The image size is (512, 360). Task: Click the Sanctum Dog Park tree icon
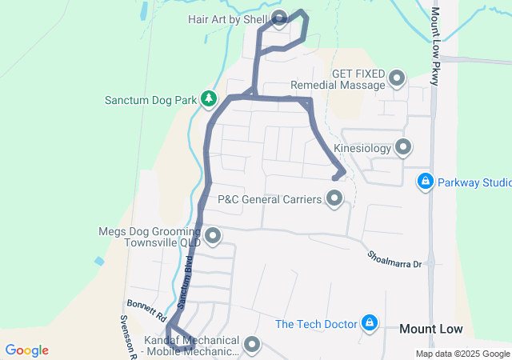tap(209, 98)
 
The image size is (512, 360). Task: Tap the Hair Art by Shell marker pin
tap(280, 18)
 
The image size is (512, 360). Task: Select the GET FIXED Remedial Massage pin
tap(397, 78)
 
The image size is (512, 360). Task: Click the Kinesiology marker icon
tap(403, 147)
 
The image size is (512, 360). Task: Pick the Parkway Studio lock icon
tap(426, 182)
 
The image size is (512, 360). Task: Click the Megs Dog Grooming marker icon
tap(213, 235)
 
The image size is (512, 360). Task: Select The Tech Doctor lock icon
tap(370, 323)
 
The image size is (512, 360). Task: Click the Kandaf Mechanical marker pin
tap(253, 345)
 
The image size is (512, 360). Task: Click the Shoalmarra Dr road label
tap(394, 258)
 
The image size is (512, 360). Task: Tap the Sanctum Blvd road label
tap(186, 282)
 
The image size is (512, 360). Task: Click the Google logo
tap(26, 350)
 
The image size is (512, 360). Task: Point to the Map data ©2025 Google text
tap(462, 354)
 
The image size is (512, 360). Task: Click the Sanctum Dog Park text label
tap(150, 101)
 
